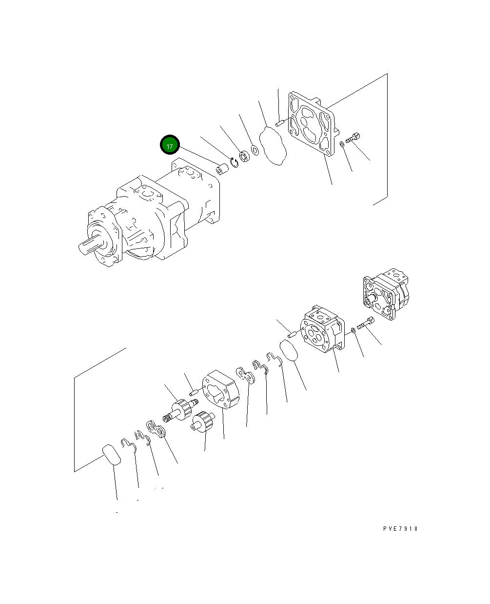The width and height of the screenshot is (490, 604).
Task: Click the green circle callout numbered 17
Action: (x=170, y=145)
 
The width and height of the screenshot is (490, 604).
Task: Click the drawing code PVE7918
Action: (x=400, y=529)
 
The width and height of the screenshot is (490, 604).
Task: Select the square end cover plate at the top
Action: (x=311, y=123)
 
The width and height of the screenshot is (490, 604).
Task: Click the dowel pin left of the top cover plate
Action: (x=279, y=124)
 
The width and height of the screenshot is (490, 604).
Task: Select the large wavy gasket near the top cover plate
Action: (x=273, y=146)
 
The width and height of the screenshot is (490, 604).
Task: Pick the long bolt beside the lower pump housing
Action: (x=366, y=324)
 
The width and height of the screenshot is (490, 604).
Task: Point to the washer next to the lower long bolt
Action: (x=353, y=331)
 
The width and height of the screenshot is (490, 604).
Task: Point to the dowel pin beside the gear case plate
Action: (x=194, y=391)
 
